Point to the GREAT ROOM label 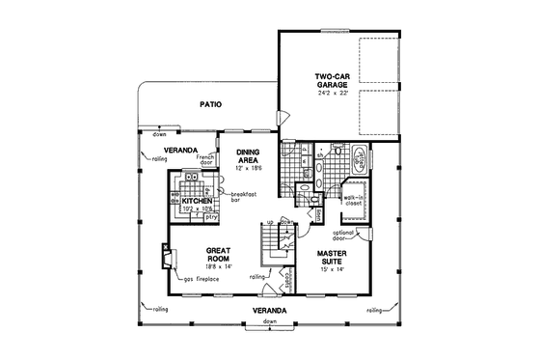(222, 254)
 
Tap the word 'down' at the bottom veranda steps (269, 319)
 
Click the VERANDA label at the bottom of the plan (269, 310)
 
